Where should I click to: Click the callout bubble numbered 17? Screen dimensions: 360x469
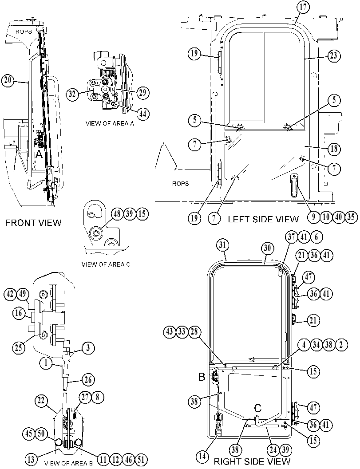pyautogui.click(x=303, y=8)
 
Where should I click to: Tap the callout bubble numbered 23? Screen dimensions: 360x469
pyautogui.click(x=333, y=55)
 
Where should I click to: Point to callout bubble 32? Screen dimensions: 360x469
pyautogui.click(x=72, y=95)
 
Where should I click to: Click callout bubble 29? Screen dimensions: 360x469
pyautogui.click(x=142, y=93)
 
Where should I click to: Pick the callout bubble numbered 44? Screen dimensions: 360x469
pyautogui.click(x=142, y=114)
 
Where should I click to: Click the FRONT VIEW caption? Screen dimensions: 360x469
pyautogui.click(x=33, y=223)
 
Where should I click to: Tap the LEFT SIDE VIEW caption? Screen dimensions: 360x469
pyautogui.click(x=263, y=219)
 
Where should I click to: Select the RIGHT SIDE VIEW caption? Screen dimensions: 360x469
pyautogui.click(x=252, y=461)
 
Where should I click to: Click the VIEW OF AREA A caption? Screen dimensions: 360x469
pyautogui.click(x=110, y=123)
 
